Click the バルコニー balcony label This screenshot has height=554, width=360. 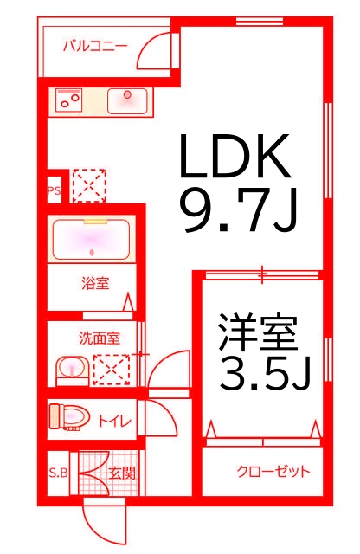(95, 46)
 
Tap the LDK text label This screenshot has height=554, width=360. (235, 156)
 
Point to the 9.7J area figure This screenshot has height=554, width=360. (240, 209)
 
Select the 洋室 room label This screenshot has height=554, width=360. (258, 332)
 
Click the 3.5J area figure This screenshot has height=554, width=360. (265, 373)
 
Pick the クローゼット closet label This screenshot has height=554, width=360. (273, 471)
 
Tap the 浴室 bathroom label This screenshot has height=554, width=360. (95, 283)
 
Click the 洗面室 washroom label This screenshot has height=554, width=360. (100, 338)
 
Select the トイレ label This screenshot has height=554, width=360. (114, 422)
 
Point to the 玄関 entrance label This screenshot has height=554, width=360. (122, 473)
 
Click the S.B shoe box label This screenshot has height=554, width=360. (58, 473)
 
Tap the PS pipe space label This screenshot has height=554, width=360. (54, 190)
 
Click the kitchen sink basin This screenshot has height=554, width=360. (127, 100)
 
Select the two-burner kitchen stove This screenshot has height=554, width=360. (69, 100)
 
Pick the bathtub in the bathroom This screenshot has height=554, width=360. (91, 239)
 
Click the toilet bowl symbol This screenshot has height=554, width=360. (69, 417)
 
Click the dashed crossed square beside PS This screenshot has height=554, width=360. (88, 186)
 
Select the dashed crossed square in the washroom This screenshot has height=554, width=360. (112, 370)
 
